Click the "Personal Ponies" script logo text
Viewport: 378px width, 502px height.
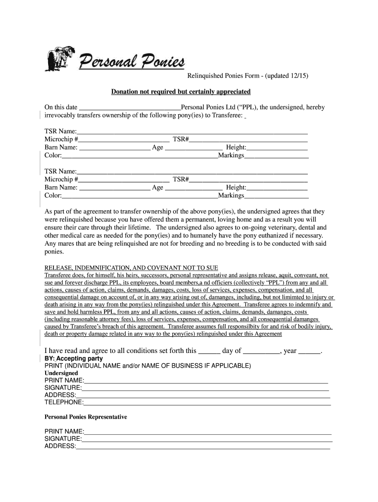[132, 62]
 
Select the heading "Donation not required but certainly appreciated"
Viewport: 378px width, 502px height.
[181, 92]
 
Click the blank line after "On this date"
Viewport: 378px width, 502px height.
[130, 107]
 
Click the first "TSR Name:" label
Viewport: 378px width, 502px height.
[60, 131]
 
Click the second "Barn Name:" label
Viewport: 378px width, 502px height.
[61, 187]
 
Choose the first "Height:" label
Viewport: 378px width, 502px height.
[236, 147]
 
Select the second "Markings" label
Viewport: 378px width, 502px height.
[231, 195]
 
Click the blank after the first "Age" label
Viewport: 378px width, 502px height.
[193, 147]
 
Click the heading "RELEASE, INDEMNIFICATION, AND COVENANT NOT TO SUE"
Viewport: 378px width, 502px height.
[131, 268]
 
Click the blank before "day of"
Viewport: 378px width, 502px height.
[210, 351]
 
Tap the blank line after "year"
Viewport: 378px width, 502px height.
[309, 351]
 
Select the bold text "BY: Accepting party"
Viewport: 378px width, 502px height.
[74, 358]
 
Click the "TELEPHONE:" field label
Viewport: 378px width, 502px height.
[64, 402]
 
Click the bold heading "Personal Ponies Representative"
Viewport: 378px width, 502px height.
[86, 417]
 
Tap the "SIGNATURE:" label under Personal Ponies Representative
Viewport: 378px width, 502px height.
[63, 439]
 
